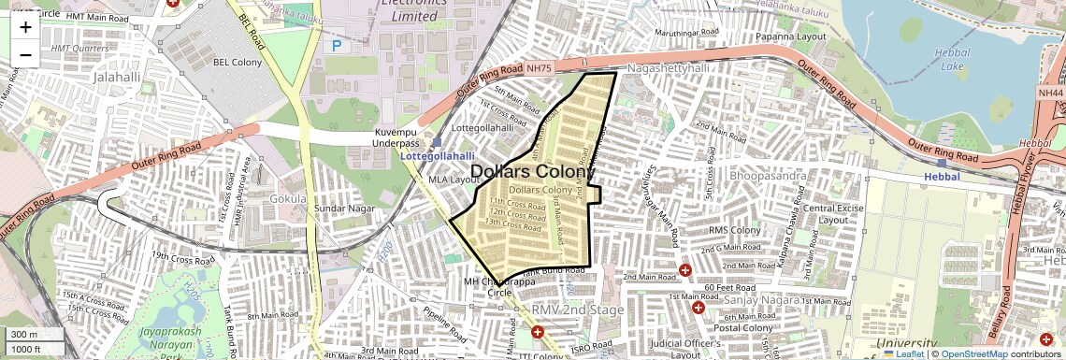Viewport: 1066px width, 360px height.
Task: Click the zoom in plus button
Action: [25, 27]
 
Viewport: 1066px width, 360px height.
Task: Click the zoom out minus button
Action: [25, 54]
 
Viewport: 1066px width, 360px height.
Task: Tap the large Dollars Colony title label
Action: [533, 172]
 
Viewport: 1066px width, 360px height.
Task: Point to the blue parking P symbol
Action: [337, 44]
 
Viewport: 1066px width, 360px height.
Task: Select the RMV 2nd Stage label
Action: [577, 310]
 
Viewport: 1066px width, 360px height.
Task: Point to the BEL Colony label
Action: [238, 63]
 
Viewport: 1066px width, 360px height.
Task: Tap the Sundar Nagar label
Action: [343, 208]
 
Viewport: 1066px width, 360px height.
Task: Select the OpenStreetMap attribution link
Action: [974, 353]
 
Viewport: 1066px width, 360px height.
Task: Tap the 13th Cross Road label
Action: [513, 223]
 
